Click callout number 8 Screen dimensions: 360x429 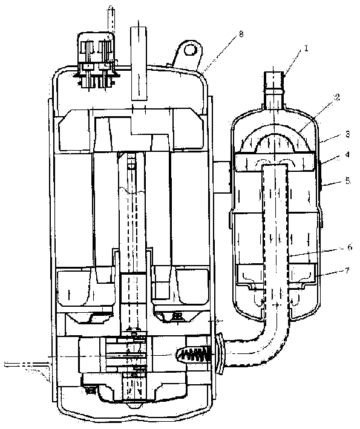click(x=241, y=34)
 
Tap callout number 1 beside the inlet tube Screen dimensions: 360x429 click(x=306, y=48)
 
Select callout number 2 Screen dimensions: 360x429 click(x=337, y=97)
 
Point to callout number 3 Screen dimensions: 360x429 click(x=348, y=134)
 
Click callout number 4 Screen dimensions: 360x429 click(x=347, y=155)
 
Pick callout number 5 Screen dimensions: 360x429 click(x=348, y=181)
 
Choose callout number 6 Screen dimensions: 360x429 click(x=350, y=247)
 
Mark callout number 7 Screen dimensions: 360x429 click(x=347, y=270)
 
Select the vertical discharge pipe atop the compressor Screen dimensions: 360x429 click(x=139, y=64)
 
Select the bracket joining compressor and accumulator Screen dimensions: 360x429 click(x=221, y=177)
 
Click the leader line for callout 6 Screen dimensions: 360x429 click(x=316, y=252)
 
